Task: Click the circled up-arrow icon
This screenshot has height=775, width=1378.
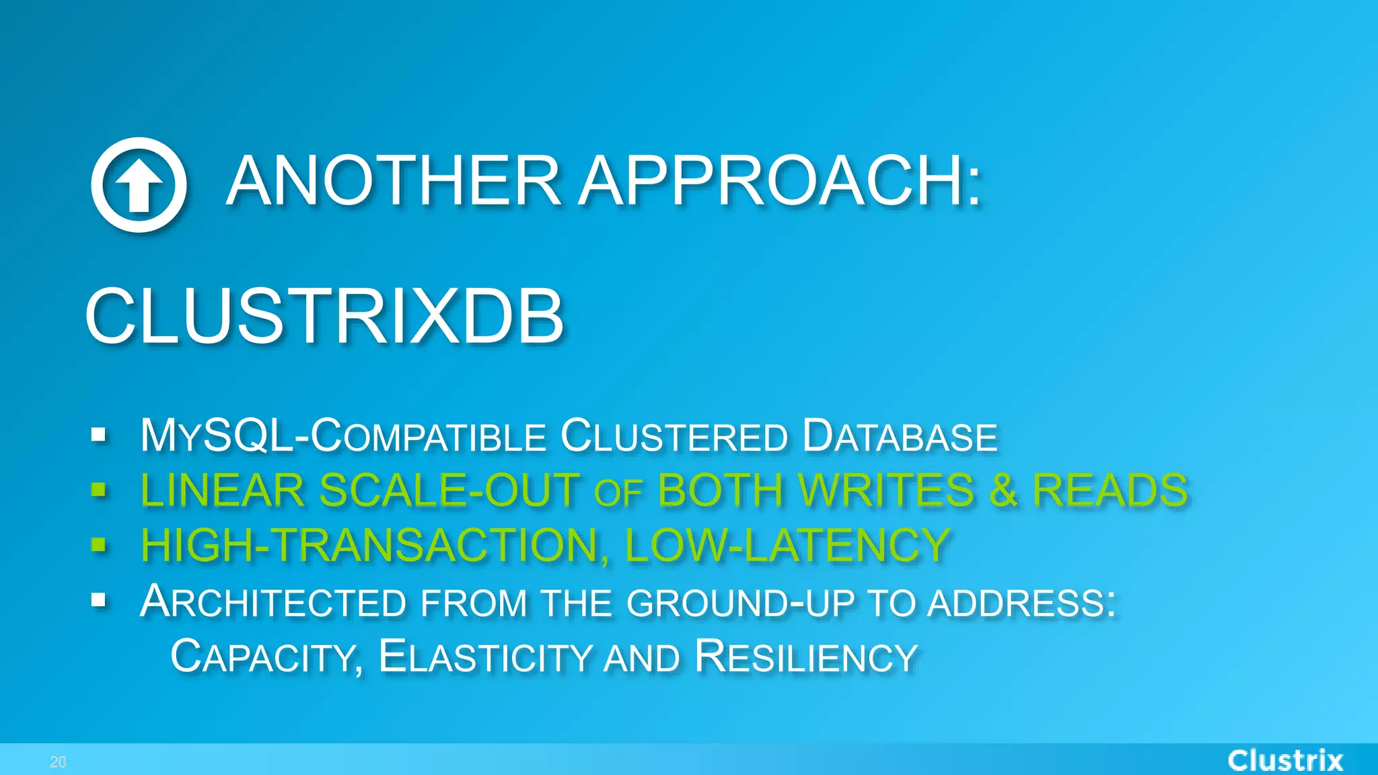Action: click(139, 184)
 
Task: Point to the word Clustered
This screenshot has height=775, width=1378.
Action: click(674, 436)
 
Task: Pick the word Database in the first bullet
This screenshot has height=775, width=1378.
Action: click(900, 436)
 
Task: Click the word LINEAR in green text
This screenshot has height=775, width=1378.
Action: click(222, 490)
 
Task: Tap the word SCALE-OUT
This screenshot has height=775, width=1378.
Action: click(449, 490)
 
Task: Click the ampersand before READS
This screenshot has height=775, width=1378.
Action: click(1003, 490)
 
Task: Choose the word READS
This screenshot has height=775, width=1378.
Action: click(1110, 490)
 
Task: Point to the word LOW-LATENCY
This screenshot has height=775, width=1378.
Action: click(787, 545)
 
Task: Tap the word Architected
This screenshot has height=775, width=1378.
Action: click(273, 601)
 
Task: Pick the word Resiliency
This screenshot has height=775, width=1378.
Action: click(806, 657)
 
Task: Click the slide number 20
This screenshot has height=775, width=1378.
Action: click(58, 762)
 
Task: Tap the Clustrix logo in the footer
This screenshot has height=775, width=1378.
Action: click(1285, 761)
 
